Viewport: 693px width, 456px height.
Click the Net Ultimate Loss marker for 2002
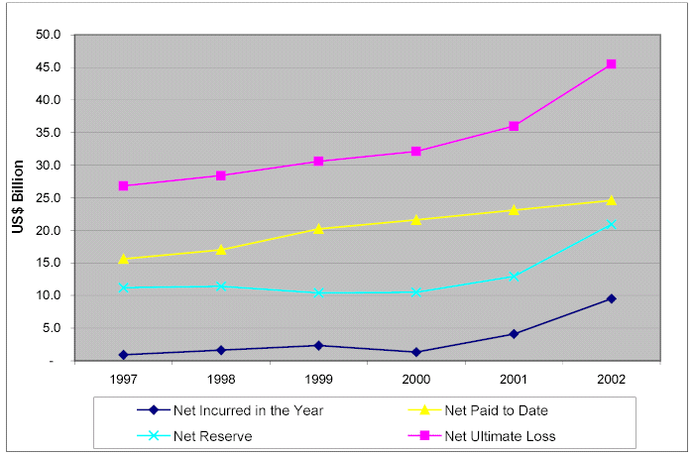pyautogui.click(x=611, y=64)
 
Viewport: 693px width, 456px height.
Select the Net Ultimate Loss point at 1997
pyautogui.click(x=124, y=186)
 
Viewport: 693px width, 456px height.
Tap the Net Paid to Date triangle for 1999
pyautogui.click(x=318, y=228)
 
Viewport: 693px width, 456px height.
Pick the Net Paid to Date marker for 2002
pyautogui.click(x=611, y=200)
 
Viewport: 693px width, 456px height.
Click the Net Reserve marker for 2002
pyautogui.click(x=611, y=225)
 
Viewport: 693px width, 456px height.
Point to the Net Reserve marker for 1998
pyautogui.click(x=221, y=285)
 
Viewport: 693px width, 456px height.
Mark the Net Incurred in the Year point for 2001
pyautogui.click(x=514, y=334)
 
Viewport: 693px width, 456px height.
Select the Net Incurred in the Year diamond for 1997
pyautogui.click(x=124, y=355)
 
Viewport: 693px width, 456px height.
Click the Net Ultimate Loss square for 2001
pyautogui.click(x=514, y=126)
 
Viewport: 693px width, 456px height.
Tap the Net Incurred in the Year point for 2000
pyautogui.click(x=416, y=352)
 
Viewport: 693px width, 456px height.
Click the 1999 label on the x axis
pyautogui.click(x=318, y=378)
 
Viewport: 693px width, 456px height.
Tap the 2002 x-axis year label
pyautogui.click(x=611, y=378)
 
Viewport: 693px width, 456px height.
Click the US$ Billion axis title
pyautogui.click(x=18, y=197)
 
